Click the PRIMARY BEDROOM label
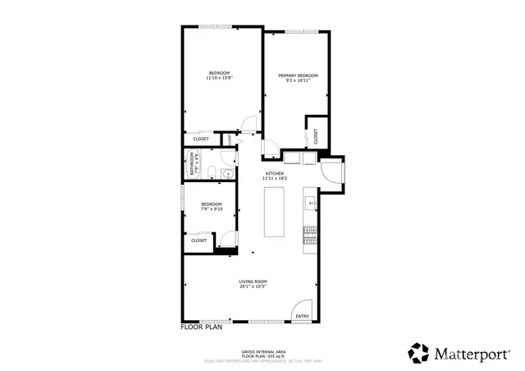point(298,76)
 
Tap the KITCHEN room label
point(274,173)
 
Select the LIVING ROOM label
point(253,282)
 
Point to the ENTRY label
point(302,317)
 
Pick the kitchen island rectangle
point(274,212)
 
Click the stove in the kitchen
point(310,236)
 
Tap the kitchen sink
point(311,200)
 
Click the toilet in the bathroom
point(211,172)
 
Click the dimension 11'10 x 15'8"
point(219,78)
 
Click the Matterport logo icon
point(419,353)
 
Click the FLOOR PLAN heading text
point(202,327)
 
